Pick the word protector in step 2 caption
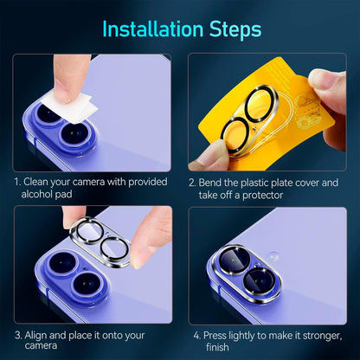pyautogui.click(x=295, y=196)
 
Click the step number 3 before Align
pyautogui.click(x=16, y=334)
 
